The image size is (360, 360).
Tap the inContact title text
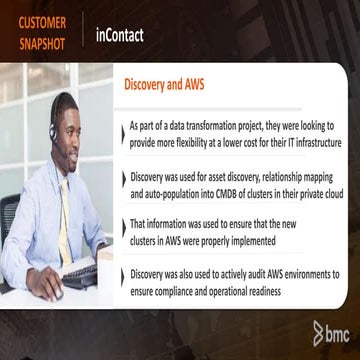pos(120,35)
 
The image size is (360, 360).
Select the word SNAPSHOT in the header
pos(42,45)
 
